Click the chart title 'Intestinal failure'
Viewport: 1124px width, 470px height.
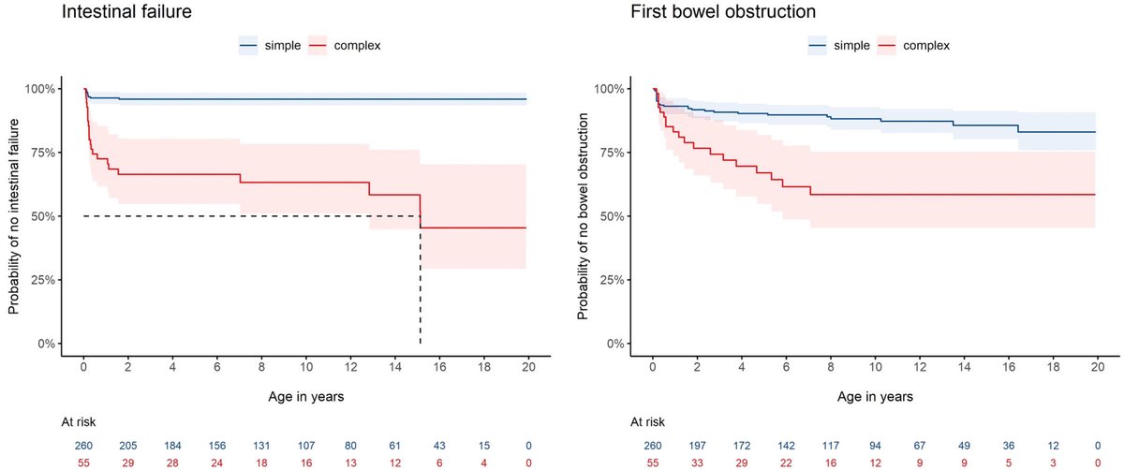(x=122, y=13)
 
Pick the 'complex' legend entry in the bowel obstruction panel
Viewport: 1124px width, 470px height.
(x=914, y=45)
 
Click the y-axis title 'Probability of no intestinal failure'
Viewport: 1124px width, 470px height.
(x=13, y=215)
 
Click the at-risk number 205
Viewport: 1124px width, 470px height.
(x=128, y=443)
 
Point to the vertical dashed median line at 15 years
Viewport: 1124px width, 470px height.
(x=420, y=281)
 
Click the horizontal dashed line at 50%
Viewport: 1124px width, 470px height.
(x=253, y=216)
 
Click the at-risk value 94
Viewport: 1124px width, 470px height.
(x=875, y=443)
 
